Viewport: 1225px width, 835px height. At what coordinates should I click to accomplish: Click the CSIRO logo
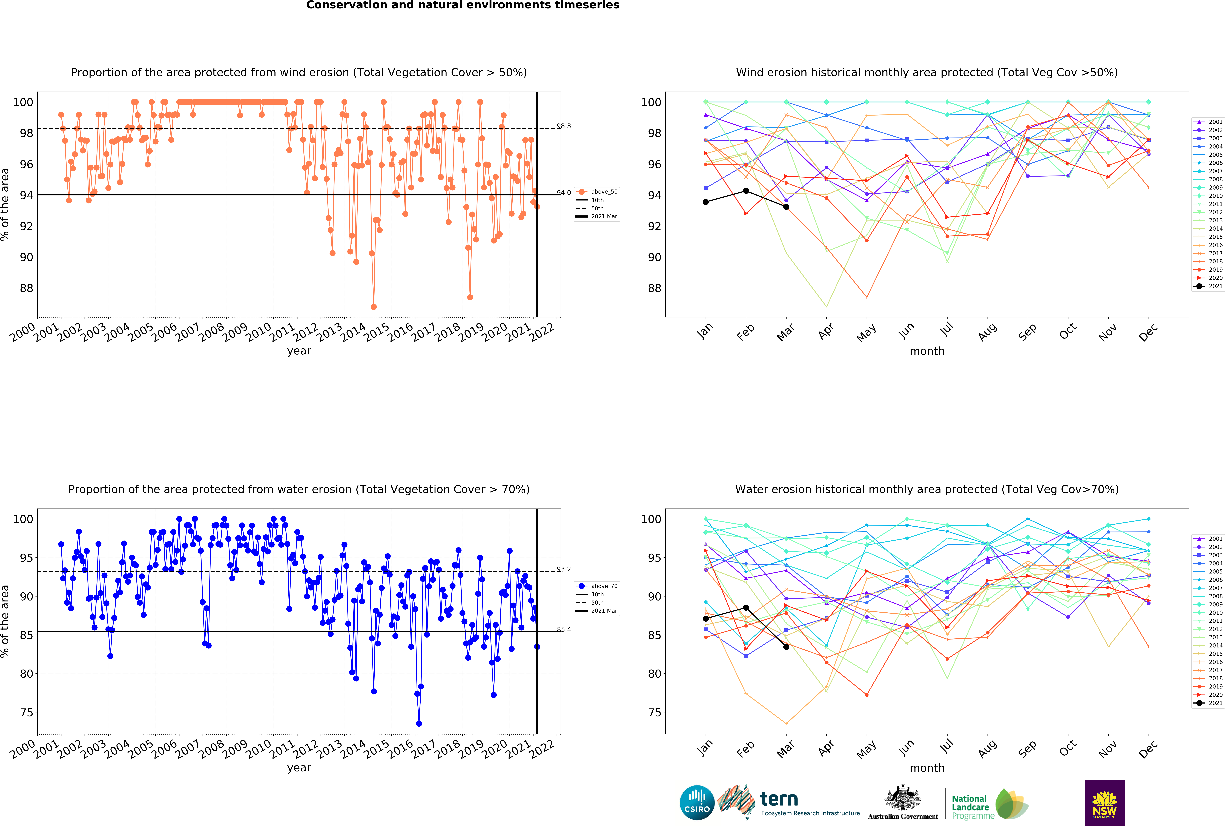(x=697, y=803)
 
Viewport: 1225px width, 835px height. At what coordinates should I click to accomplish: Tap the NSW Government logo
(x=1104, y=802)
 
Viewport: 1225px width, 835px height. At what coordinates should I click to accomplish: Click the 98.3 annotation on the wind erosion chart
(x=563, y=126)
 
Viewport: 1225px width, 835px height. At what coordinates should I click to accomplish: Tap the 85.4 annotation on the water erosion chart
(x=563, y=629)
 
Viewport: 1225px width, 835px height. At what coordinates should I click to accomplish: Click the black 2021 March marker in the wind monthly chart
(x=786, y=207)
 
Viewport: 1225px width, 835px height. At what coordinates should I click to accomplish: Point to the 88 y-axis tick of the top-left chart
(x=26, y=288)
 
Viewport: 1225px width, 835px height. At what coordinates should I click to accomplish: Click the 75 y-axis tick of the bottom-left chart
(x=26, y=713)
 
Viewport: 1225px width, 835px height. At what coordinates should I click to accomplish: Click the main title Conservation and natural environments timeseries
(x=463, y=5)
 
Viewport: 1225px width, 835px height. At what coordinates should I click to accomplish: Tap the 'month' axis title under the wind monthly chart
(x=927, y=351)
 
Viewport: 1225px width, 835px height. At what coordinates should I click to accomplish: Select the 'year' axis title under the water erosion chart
(x=299, y=768)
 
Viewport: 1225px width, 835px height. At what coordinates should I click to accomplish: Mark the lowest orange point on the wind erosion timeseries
(x=374, y=307)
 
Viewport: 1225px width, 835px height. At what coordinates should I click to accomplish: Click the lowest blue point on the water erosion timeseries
(x=419, y=724)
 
